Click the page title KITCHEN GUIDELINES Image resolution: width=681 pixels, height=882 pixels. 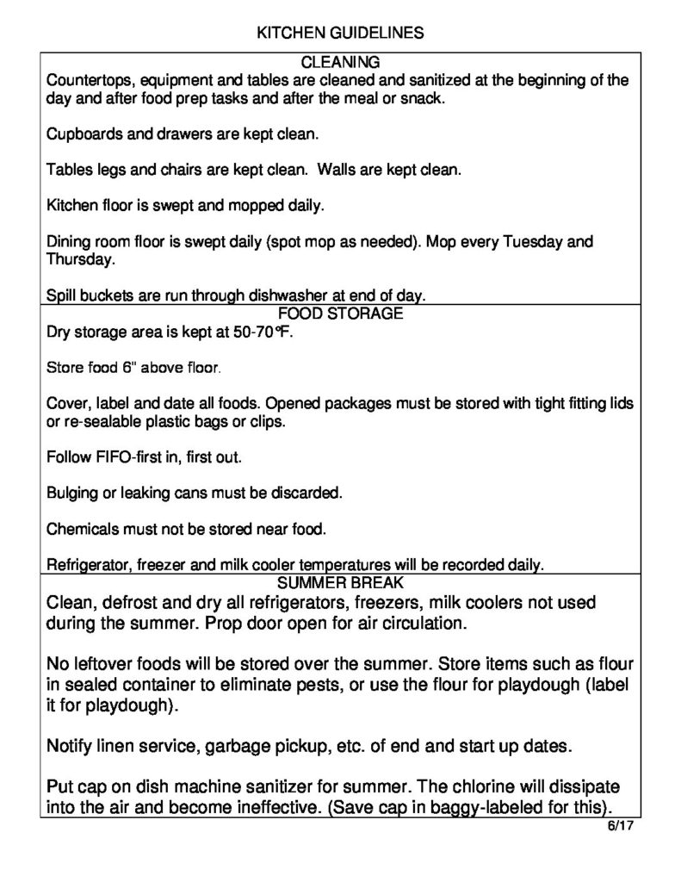[340, 34]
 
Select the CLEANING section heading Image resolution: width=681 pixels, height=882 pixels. [340, 62]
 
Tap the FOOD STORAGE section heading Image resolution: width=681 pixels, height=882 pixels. [340, 314]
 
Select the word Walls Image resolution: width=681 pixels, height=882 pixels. [337, 171]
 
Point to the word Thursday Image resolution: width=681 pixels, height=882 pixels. [77, 258]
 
